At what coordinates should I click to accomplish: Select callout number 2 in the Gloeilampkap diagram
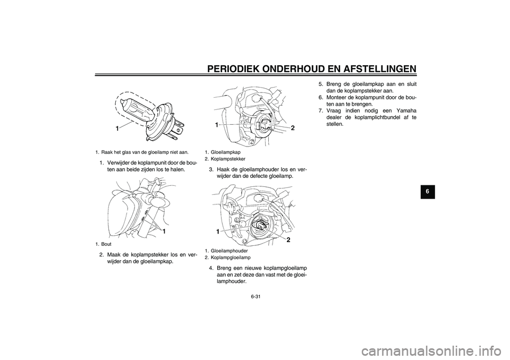(292, 128)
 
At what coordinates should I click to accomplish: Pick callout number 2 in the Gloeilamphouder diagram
(288, 240)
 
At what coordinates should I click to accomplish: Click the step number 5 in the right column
(320, 83)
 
